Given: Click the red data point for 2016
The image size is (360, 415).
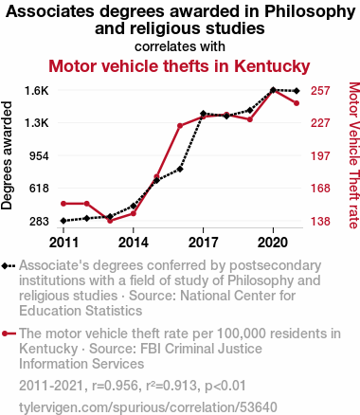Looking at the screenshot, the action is click(180, 126).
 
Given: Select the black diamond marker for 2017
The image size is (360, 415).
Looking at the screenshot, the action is click(203, 114).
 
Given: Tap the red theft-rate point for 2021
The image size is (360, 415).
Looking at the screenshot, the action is click(297, 103).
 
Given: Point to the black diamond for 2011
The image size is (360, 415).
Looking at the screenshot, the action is click(63, 221).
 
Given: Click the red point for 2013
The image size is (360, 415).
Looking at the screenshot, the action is click(110, 221).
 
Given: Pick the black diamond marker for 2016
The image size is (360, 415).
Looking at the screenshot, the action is click(180, 169).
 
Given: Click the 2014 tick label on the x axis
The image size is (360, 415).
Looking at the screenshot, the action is click(134, 243).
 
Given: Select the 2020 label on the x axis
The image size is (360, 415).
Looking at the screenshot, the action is click(273, 243).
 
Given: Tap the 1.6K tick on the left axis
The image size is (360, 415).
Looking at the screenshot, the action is click(37, 91).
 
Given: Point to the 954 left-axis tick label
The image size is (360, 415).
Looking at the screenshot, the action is click(39, 155).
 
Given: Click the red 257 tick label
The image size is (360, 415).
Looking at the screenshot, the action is click(320, 91).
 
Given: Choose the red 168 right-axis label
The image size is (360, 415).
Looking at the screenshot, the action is click(320, 189).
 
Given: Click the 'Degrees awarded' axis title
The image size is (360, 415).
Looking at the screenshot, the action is click(7, 155).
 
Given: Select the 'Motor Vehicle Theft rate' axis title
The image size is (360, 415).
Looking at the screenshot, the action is click(354, 155).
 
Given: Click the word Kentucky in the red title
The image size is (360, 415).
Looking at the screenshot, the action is click(272, 66).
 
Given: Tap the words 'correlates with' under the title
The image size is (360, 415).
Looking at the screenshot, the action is click(180, 46).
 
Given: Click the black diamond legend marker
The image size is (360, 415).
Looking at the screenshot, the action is click(9, 265).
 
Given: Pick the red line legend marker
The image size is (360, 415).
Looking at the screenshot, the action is click(9, 334).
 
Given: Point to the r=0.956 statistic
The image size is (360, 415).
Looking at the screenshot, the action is click(115, 386).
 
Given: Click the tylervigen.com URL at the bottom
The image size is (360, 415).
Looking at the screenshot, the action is click(148, 407).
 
